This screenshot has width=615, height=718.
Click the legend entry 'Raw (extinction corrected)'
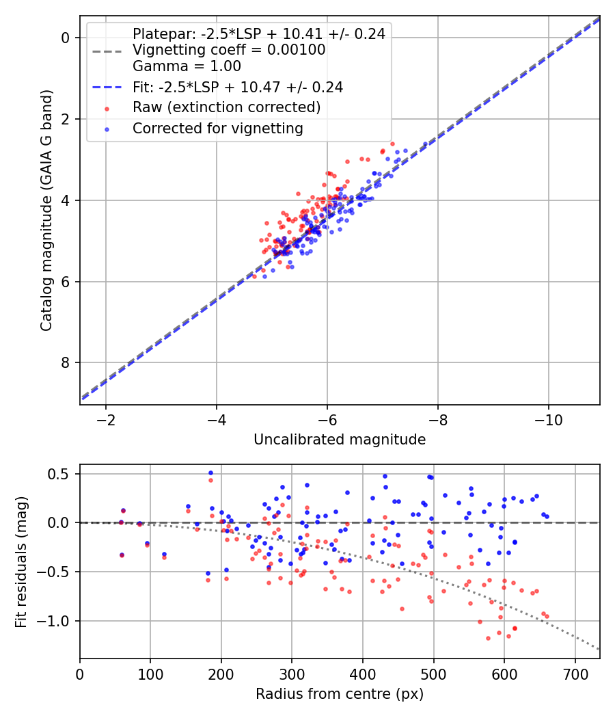point(226,107)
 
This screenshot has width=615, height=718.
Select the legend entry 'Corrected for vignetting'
point(217,128)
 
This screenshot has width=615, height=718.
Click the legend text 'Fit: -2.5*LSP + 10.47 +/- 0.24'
point(238,87)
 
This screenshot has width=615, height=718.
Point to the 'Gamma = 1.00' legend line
point(187,66)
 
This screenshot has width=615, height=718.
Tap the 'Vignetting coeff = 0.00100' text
point(229,50)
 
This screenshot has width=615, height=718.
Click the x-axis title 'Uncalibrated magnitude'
point(340,440)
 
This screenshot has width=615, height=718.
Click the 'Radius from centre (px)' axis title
point(340,694)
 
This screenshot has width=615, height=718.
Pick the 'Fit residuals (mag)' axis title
point(21,561)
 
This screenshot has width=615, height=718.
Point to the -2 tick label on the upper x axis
point(106,419)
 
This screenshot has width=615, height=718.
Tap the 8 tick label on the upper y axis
point(66,362)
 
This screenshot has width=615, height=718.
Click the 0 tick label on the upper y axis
point(66,38)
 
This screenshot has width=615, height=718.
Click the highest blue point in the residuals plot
point(210,473)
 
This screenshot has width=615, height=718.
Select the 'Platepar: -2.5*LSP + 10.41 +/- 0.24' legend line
point(258,34)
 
